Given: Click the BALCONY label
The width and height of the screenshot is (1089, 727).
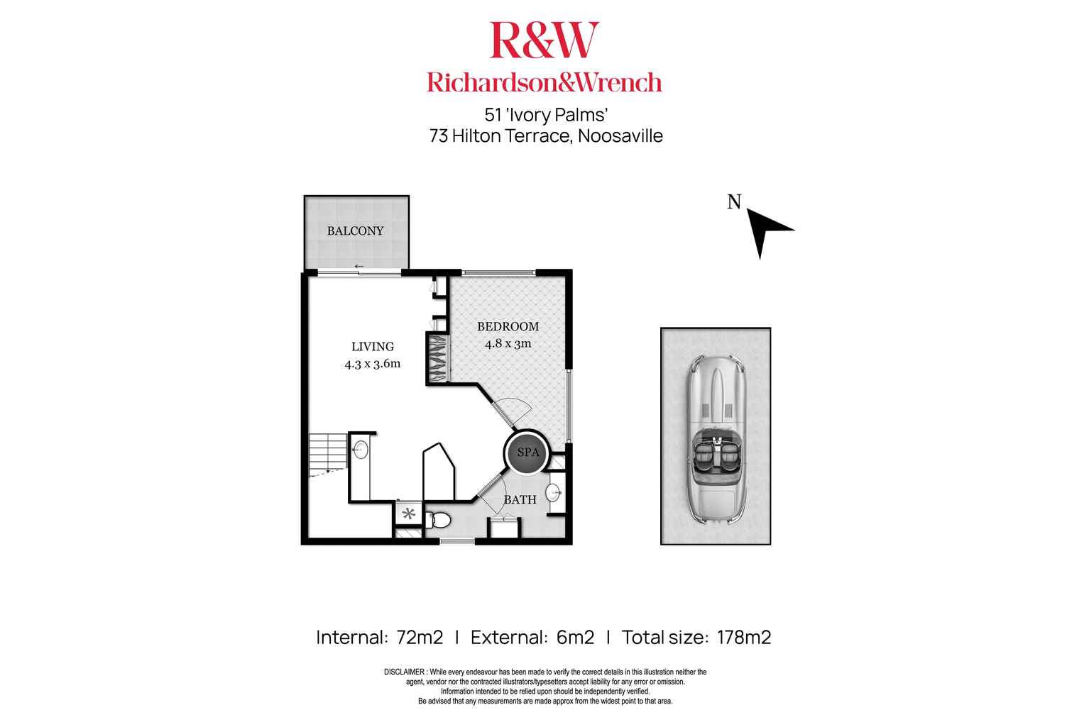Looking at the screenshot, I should (x=355, y=231).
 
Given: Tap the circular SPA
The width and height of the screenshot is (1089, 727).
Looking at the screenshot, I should (x=527, y=453).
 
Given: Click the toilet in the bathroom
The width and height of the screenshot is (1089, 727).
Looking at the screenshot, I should (x=440, y=520).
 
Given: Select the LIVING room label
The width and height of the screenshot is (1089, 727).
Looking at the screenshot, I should (x=373, y=346).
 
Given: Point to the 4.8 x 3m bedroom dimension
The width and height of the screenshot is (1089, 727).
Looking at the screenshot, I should (x=508, y=344).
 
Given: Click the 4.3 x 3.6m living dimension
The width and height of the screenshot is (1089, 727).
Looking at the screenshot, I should (x=373, y=364).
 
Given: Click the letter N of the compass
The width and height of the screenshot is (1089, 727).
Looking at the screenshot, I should (x=734, y=202).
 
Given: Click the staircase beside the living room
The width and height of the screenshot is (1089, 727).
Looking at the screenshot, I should (x=327, y=454).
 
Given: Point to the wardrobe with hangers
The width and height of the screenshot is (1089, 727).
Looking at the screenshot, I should (x=437, y=358).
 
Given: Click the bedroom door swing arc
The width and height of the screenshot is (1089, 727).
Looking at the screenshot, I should (x=513, y=412).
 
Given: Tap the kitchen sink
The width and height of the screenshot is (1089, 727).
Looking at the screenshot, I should (x=360, y=449).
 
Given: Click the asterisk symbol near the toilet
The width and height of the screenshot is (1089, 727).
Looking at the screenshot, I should (x=408, y=514).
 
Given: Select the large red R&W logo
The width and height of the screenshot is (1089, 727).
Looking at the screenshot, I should (x=544, y=40).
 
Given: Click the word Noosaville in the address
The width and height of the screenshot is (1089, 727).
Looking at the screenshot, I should (x=620, y=135).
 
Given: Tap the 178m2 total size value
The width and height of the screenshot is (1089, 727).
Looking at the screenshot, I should (x=743, y=637).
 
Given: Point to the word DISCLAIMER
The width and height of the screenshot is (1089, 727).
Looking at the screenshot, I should (x=405, y=672).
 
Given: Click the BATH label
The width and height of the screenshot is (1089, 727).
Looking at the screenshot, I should (x=520, y=499).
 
